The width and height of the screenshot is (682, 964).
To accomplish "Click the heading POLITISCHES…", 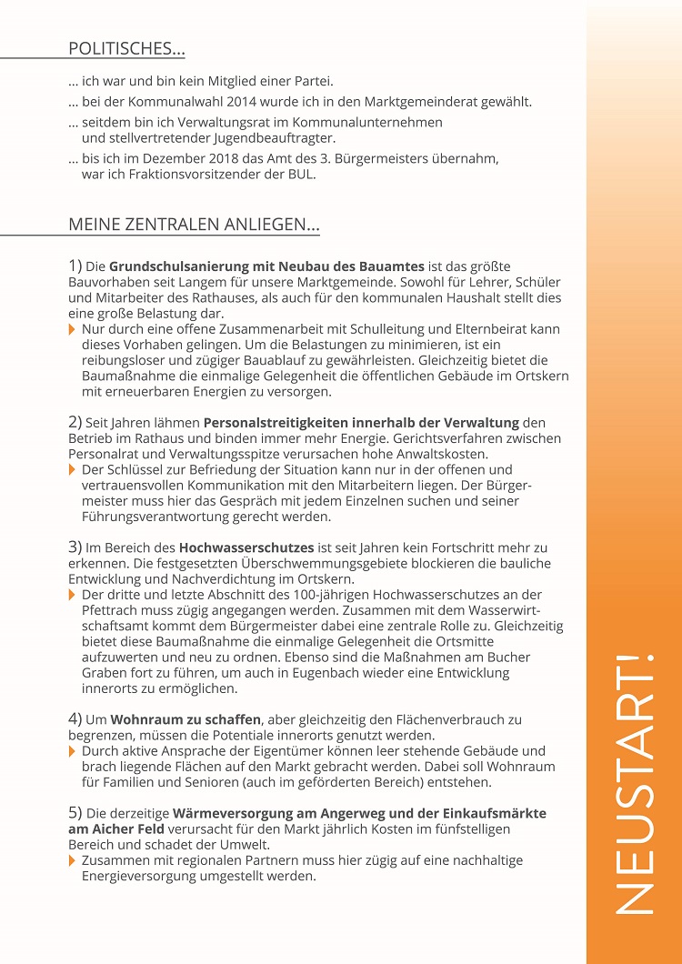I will click(x=127, y=49).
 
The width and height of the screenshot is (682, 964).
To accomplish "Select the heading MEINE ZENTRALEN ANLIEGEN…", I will click(x=194, y=225).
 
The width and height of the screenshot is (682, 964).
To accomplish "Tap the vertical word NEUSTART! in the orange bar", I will click(x=634, y=783).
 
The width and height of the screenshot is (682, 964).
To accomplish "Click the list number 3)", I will click(x=75, y=547).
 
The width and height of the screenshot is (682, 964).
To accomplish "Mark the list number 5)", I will click(x=75, y=812).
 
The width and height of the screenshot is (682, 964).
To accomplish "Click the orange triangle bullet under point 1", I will click(x=73, y=329).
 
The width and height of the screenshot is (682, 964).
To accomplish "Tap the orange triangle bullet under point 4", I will click(x=73, y=751).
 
